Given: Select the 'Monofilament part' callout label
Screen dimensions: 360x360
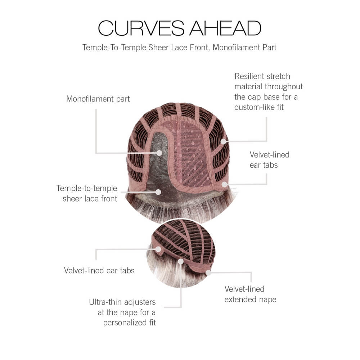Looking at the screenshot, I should [x=98, y=99].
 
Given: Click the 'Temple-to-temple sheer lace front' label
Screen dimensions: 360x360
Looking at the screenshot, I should [x=87, y=193].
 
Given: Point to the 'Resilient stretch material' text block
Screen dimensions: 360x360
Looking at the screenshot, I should [x=269, y=92].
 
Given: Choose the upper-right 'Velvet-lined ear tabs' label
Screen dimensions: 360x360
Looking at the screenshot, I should [x=270, y=160].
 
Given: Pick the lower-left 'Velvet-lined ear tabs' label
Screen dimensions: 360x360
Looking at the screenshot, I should [x=99, y=270].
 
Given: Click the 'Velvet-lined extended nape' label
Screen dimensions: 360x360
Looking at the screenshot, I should [x=250, y=294].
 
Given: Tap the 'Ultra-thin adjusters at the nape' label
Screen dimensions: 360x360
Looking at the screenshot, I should [x=123, y=312].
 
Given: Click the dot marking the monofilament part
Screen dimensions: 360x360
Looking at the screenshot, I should [x=159, y=153].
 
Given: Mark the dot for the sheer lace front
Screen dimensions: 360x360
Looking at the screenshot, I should [x=158, y=192].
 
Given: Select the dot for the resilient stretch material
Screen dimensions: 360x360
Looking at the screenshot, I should [x=224, y=141].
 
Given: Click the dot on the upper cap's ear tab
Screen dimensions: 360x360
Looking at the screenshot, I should [x=224, y=184].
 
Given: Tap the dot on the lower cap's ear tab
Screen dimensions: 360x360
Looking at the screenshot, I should [x=158, y=249].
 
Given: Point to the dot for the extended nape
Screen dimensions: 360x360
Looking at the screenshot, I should [x=208, y=273].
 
